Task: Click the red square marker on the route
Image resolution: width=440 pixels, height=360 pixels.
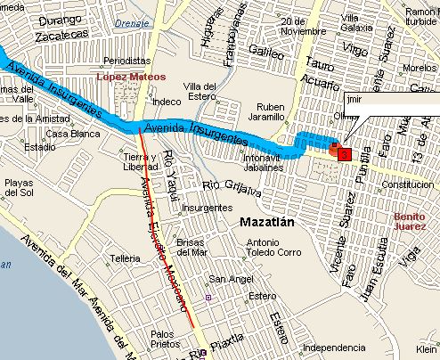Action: (x=344, y=154)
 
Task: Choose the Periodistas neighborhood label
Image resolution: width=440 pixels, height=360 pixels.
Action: (x=126, y=61)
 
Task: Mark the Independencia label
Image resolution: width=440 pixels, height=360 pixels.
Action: (x=334, y=347)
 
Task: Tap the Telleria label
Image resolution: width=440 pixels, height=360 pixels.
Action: (x=121, y=258)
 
